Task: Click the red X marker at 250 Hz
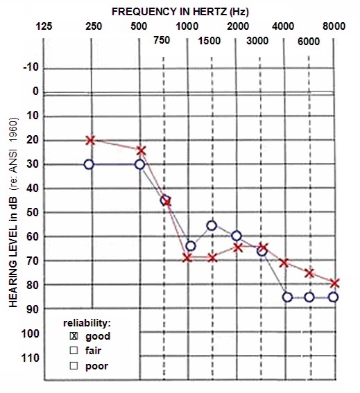91,140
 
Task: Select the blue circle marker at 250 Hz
89,164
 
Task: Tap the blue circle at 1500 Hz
212,225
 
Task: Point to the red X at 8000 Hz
334,283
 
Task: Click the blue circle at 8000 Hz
334,297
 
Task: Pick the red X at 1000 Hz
187,258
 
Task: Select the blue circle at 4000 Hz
287,297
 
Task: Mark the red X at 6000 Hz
309,273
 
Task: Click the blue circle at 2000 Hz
237,236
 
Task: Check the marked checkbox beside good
74,336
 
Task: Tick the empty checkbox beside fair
74,351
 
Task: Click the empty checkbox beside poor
74,366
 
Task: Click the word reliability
87,323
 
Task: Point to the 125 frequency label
44,26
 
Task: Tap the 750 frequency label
162,40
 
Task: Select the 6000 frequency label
309,42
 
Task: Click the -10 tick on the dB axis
31,67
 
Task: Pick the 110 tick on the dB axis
31,358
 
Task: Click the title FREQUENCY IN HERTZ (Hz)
180,12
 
